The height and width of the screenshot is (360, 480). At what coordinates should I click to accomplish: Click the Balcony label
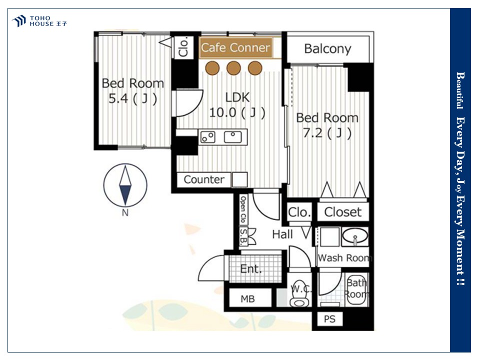(327, 49)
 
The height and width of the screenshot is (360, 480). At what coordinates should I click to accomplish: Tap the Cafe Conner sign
(235, 48)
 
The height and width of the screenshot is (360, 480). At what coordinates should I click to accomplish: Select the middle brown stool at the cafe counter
(233, 68)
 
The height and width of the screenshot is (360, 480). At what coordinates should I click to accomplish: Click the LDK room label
(237, 97)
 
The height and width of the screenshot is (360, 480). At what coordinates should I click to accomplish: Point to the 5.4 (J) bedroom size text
(133, 98)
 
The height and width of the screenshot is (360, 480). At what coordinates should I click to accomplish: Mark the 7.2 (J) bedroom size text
(327, 133)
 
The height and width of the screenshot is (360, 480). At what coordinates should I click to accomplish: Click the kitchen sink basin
(232, 137)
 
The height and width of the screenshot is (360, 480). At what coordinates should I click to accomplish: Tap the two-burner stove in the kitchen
(208, 137)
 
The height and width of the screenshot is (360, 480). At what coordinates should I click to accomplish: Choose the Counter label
(204, 179)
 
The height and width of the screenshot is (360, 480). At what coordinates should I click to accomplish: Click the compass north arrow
(125, 185)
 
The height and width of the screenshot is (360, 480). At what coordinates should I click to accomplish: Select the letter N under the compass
(125, 212)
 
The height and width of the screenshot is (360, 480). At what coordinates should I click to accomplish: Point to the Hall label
(282, 234)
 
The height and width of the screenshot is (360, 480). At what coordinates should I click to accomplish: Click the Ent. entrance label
(250, 269)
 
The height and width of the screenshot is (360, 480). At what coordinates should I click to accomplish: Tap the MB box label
(247, 299)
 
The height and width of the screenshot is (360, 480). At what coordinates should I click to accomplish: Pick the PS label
(329, 319)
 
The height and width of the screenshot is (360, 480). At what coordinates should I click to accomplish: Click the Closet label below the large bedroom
(343, 212)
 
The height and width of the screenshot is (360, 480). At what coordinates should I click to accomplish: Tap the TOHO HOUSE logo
(39, 21)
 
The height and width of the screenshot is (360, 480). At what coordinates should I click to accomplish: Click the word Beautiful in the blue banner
(460, 90)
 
